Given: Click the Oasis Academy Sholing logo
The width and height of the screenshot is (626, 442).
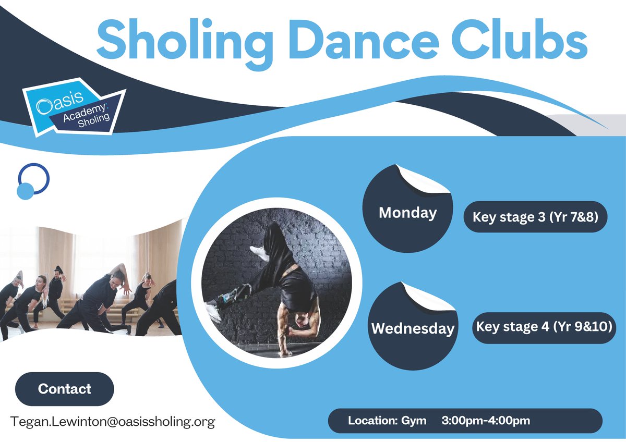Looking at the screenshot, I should click(x=73, y=107).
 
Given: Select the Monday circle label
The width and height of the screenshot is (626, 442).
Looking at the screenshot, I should click(x=407, y=213).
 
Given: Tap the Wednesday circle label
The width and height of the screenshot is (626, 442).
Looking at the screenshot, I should click(x=412, y=329).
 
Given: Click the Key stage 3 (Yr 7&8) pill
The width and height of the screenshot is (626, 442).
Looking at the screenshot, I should click(x=536, y=217).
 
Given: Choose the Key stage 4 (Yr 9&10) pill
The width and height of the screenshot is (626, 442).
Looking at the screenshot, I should click(x=544, y=327).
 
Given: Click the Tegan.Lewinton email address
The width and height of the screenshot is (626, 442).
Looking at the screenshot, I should click(x=113, y=422).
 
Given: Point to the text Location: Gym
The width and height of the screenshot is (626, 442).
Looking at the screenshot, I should click(x=387, y=421).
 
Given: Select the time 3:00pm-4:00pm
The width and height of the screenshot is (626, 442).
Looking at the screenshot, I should click(x=486, y=421).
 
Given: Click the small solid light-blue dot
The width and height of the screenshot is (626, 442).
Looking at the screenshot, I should click(x=25, y=191).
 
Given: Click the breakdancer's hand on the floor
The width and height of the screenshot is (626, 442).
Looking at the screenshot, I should click(x=285, y=353).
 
